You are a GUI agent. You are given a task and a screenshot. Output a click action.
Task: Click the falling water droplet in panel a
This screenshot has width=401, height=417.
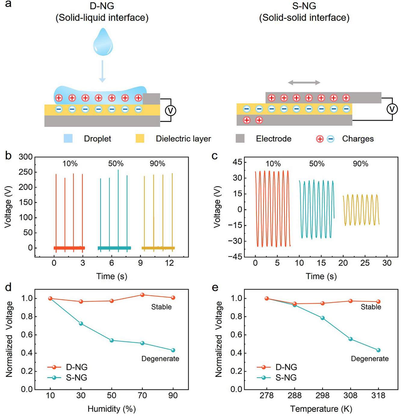click(x=103, y=43)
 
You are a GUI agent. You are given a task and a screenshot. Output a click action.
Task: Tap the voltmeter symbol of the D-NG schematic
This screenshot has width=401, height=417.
click(x=171, y=111)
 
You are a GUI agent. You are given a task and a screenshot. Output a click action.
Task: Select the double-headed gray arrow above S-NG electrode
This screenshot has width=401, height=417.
click(x=304, y=82)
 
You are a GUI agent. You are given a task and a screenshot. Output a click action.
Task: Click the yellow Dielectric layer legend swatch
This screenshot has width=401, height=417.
click(x=140, y=139)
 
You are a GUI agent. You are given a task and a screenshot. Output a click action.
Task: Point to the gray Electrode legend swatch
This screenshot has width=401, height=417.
click(x=240, y=139)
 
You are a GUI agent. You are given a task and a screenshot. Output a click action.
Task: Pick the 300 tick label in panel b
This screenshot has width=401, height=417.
click(x=26, y=157)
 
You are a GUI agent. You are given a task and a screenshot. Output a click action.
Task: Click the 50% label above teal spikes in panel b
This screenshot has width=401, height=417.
click(x=116, y=164)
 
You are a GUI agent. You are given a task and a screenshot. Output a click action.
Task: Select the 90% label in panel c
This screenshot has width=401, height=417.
click(x=360, y=164)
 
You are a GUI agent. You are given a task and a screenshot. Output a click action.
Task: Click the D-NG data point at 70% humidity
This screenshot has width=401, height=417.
click(x=142, y=295)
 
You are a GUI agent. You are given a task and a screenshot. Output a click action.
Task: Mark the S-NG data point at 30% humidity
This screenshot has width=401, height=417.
click(x=81, y=323)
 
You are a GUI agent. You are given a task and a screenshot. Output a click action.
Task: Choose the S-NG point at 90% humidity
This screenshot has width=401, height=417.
click(x=173, y=350)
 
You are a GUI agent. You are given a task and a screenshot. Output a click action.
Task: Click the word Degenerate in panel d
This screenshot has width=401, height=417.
click(x=160, y=359)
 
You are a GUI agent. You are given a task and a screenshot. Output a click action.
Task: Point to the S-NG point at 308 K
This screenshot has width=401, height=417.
click(x=350, y=339)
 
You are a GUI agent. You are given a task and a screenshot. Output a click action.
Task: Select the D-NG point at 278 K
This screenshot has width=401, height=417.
click(x=267, y=299)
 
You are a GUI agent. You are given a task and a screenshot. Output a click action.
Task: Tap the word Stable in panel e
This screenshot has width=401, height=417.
click(x=371, y=307)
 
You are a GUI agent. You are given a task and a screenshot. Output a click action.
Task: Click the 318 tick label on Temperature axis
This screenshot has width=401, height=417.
click(x=378, y=395)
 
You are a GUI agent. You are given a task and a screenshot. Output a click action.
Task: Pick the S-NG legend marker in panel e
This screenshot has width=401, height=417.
click(x=264, y=378)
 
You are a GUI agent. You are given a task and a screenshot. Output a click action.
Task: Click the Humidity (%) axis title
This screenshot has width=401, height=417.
click(x=112, y=409)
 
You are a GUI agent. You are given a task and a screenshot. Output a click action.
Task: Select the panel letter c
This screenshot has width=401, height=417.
click(x=215, y=156)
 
